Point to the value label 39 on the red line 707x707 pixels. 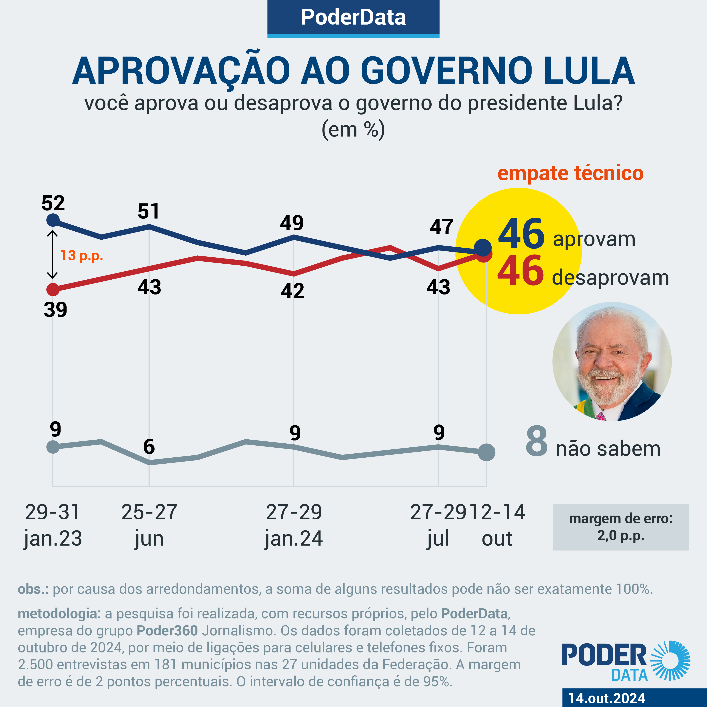pyautogui.click(x=55, y=310)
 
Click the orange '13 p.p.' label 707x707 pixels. pyautogui.click(x=82, y=255)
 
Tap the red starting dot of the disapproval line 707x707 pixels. pyautogui.click(x=53, y=289)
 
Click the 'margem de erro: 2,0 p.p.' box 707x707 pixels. pyautogui.click(x=621, y=527)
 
